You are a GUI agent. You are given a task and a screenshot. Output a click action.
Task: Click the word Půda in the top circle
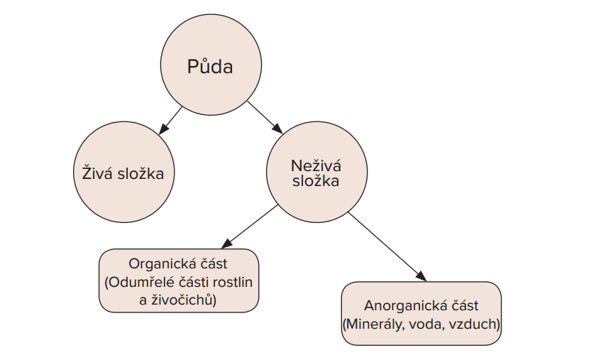pos(210,66)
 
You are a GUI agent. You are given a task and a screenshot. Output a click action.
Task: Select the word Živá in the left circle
pos(98,173)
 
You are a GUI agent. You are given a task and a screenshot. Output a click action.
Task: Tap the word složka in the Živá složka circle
pos(140,173)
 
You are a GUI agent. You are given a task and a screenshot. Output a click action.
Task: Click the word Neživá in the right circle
pos(316,165)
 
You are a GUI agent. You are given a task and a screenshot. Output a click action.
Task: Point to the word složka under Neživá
pos(316,180)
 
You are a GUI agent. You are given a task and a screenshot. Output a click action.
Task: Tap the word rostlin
pos(233,282)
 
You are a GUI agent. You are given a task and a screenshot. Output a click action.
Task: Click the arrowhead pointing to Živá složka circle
pos(162,129)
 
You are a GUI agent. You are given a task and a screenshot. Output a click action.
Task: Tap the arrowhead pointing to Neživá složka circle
pos(277,129)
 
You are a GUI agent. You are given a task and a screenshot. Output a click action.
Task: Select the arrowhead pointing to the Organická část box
pos(227,244)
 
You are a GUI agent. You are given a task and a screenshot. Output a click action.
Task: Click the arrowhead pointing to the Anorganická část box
pos(421,276)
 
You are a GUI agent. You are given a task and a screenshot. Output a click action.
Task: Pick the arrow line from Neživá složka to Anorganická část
pos(387,247)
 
